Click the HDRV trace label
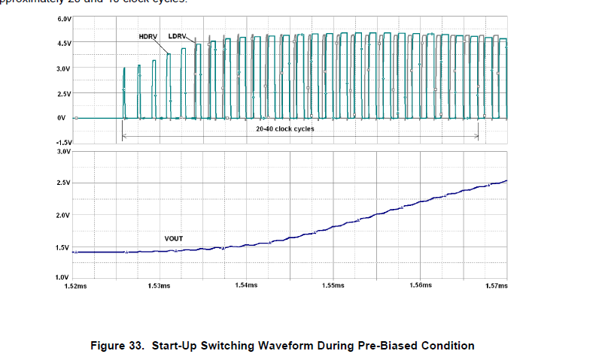coord(147,36)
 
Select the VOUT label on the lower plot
coord(175,238)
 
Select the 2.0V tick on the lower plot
coord(64,215)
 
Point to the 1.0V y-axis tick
coord(64,278)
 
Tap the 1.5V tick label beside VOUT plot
coord(64,247)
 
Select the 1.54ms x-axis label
coord(246,286)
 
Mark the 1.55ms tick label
coord(333,286)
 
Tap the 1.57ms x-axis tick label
coord(497,286)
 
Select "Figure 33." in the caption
coord(117,346)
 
